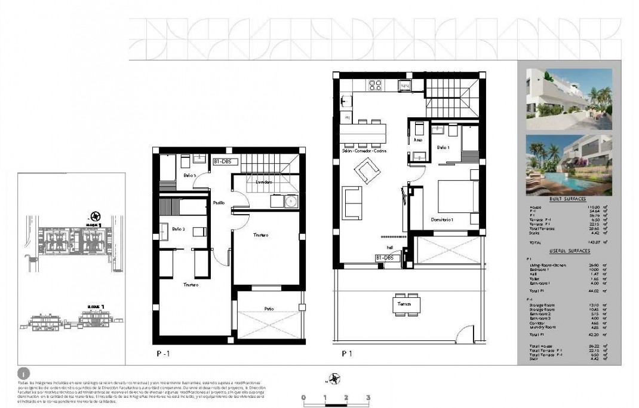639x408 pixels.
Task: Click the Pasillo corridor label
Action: tap(219, 203)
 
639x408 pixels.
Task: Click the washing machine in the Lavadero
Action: tap(291, 202)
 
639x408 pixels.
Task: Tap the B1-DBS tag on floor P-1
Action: tap(226, 162)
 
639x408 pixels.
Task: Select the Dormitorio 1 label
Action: tap(442, 220)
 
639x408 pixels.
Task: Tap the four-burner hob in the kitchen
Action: tap(376, 85)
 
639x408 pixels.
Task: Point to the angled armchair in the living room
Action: tap(365, 173)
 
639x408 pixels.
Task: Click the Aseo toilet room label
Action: tap(417, 139)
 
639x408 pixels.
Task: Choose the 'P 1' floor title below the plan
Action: tap(346, 354)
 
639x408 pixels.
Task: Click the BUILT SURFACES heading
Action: tap(567, 199)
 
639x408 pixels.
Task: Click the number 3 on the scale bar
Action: tap(368, 397)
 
